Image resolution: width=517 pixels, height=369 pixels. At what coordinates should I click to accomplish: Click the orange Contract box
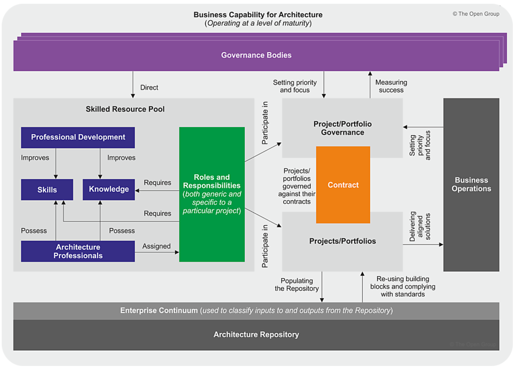coord(343,185)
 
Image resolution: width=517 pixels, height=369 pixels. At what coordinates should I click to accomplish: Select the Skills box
coord(47,190)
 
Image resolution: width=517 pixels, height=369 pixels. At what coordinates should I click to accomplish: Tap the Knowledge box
coord(109,189)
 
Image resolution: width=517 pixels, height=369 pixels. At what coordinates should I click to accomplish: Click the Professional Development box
coord(78,137)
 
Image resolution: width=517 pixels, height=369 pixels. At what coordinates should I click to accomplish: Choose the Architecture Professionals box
coord(78,251)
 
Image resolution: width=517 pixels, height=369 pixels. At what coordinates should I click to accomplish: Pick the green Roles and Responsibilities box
coord(212,194)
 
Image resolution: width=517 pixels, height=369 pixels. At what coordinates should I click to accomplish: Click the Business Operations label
coord(471,184)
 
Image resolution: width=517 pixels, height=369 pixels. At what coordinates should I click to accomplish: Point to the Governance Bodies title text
coord(256,55)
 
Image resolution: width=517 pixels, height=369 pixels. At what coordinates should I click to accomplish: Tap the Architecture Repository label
coord(256,335)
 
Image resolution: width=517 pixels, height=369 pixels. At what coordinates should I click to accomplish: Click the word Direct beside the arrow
coord(149,88)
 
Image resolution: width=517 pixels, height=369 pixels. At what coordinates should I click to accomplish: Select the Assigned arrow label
coord(156,246)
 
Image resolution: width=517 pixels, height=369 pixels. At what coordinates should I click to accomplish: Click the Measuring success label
coord(391,86)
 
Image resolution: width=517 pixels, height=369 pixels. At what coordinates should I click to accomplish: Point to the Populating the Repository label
coord(297,285)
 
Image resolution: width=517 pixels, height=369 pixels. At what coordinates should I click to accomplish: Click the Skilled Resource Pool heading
coord(125,109)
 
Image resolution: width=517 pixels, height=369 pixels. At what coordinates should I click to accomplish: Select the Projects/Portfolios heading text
coord(342,241)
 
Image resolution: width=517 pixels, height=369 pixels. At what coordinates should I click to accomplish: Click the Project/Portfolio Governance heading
coord(342,128)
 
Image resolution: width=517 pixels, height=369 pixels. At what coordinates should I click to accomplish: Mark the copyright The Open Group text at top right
coord(476,14)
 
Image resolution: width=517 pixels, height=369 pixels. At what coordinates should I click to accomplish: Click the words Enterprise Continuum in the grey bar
coord(159,311)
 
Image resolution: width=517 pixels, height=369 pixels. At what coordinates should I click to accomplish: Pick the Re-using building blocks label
coord(403,286)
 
